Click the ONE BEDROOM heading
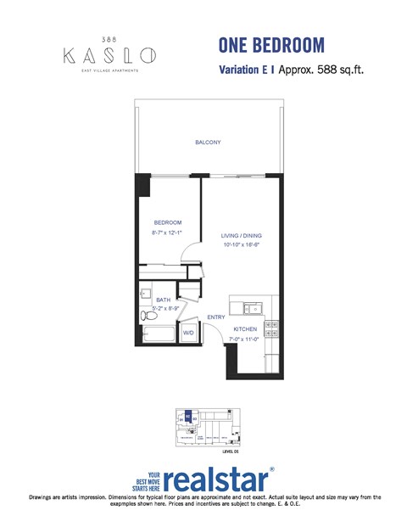point(270,44)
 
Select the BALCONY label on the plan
point(208,143)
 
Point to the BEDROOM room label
point(168,222)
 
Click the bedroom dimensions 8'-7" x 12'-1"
point(168,232)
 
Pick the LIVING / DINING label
point(241,236)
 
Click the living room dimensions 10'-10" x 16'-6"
point(241,245)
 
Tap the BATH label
point(164,300)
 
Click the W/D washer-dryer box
point(190,334)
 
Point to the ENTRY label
point(216,317)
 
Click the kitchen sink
point(251,308)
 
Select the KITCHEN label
point(245,329)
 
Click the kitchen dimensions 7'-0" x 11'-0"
point(245,339)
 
